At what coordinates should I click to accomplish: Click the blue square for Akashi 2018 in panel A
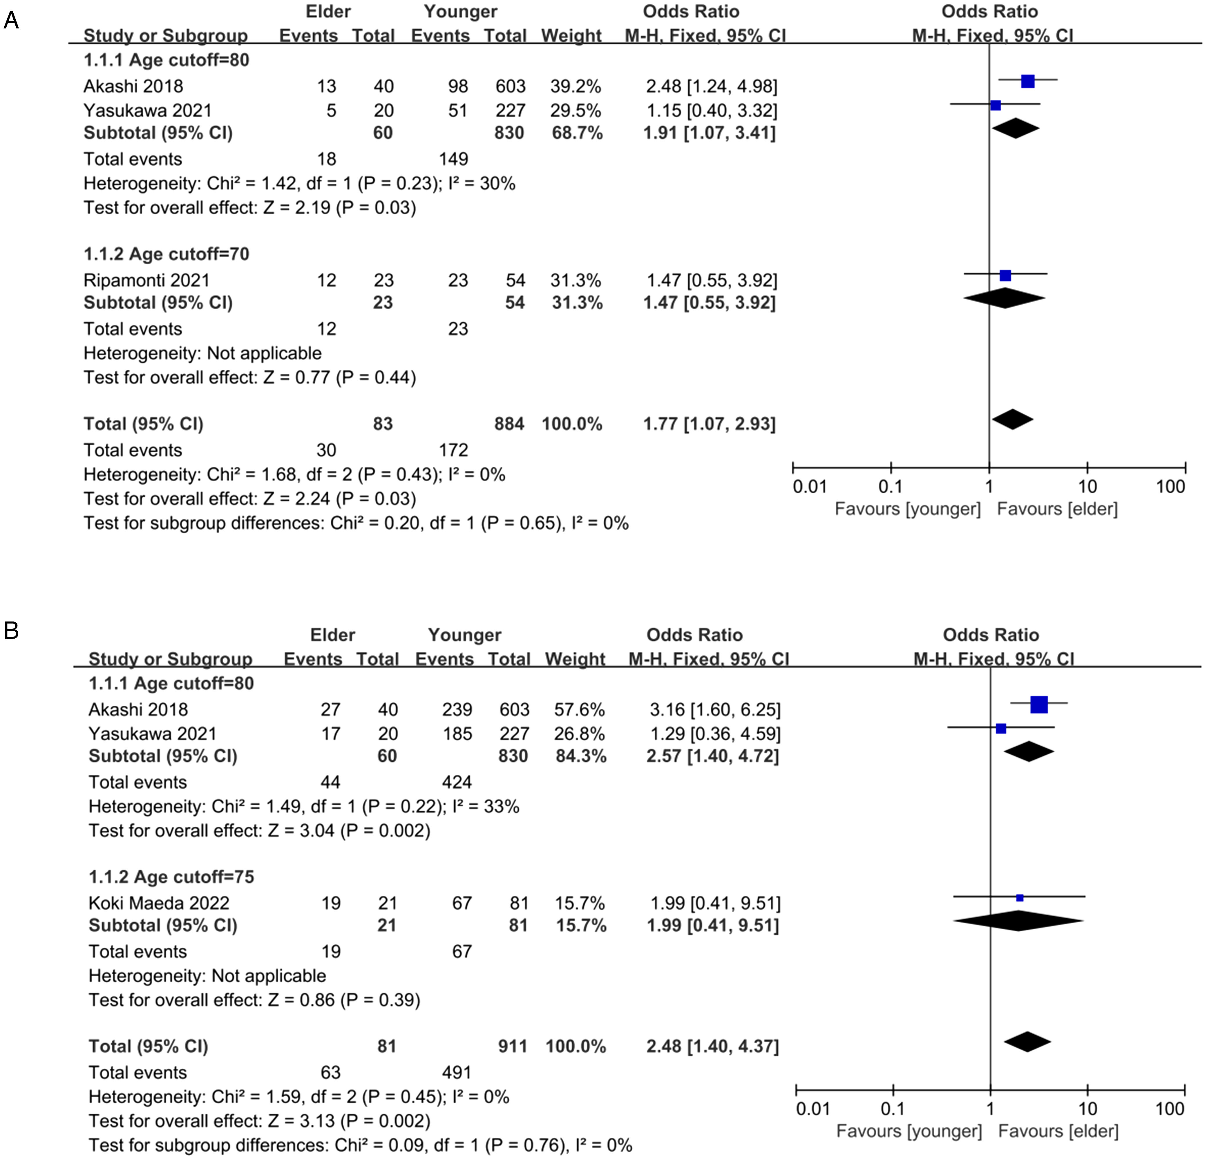pyautogui.click(x=1028, y=81)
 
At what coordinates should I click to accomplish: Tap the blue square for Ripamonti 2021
pyautogui.click(x=1005, y=275)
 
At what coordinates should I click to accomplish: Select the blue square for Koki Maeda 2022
pyautogui.click(x=1020, y=898)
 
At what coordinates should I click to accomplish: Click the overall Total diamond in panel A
pyautogui.click(x=1012, y=420)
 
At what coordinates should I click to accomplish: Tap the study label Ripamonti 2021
pyautogui.click(x=146, y=280)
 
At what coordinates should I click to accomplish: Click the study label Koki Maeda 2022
pyautogui.click(x=159, y=903)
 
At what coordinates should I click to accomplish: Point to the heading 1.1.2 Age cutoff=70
pyautogui.click(x=166, y=254)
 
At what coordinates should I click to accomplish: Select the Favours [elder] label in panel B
pyautogui.click(x=1058, y=1131)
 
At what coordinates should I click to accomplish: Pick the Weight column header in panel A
pyautogui.click(x=571, y=36)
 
